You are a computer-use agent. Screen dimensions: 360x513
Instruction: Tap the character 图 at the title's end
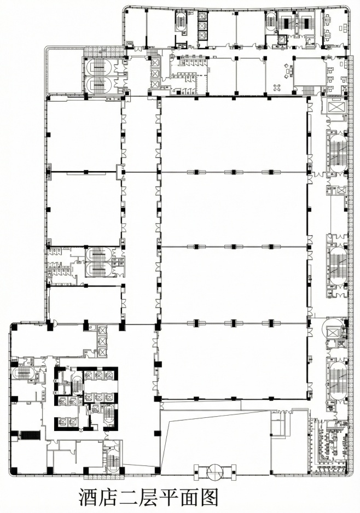coord(208,497)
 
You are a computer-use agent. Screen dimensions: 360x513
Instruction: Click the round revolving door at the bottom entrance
coord(214,471)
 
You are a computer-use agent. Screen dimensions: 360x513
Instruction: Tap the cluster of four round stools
coord(277,88)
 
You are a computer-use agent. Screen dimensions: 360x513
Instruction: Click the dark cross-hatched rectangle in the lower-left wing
coord(31,435)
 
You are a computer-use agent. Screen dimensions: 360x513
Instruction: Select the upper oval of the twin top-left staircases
coord(100,66)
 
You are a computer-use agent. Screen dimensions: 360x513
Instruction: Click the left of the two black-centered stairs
coord(287,22)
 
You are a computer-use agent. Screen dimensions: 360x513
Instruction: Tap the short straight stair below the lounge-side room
coord(307,90)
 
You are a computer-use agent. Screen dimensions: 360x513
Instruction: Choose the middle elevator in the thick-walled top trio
coord(202,26)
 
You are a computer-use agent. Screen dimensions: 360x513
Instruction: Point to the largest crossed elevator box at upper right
coord(334,107)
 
